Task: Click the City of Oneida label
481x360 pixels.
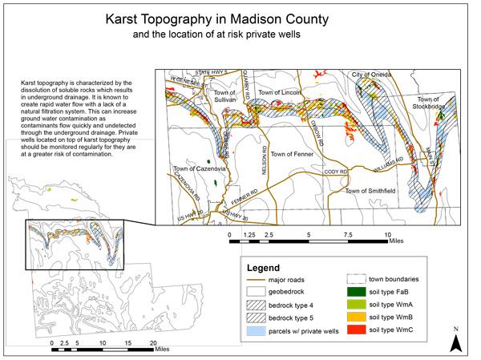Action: [372, 74]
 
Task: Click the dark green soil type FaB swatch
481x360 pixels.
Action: [357, 293]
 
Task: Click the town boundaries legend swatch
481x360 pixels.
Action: [357, 280]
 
